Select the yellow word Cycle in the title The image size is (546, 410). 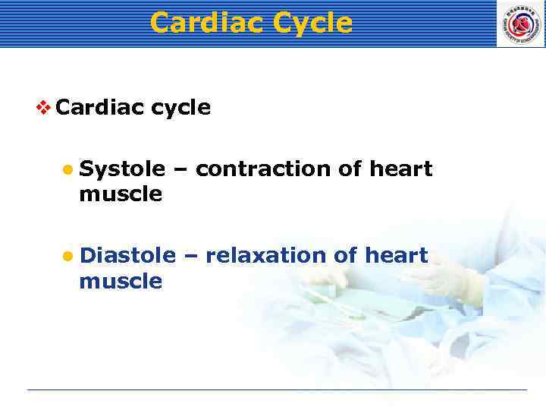click(312, 23)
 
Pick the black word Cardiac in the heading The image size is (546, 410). click(99, 107)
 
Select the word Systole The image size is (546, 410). click(122, 169)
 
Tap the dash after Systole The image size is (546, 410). click(180, 169)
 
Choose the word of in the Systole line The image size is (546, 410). click(350, 169)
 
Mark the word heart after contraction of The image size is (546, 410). click(400, 169)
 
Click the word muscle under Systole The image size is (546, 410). click(120, 194)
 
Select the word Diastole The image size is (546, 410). click(127, 256)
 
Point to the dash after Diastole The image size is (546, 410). click(190, 257)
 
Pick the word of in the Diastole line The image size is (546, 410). click(345, 256)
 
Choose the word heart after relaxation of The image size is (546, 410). click(396, 256)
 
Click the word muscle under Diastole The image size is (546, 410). click(120, 282)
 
